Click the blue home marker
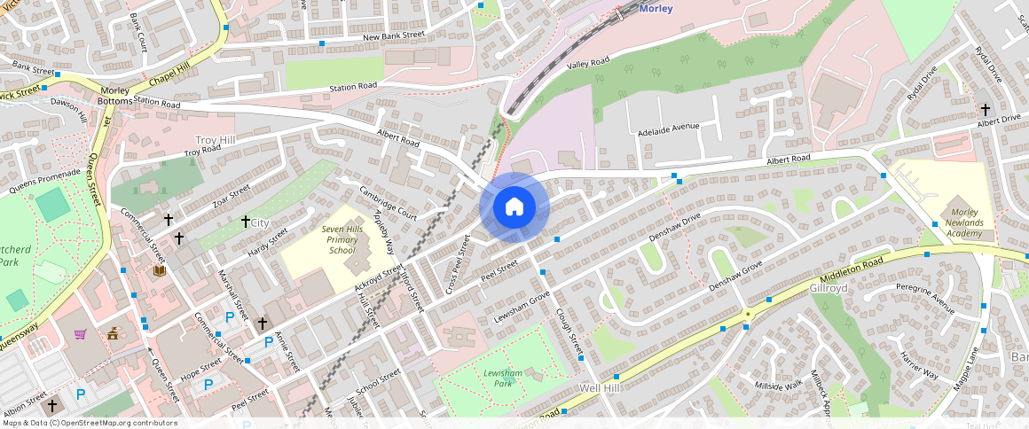tap(514, 207)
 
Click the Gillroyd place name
tap(829, 289)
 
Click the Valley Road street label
tap(588, 62)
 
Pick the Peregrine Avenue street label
tap(924, 298)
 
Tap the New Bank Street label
tap(394, 35)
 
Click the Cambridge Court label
tap(388, 203)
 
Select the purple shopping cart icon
tap(81, 334)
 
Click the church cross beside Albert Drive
tap(985, 109)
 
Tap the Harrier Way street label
tap(919, 364)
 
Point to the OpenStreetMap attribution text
tap(89, 423)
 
